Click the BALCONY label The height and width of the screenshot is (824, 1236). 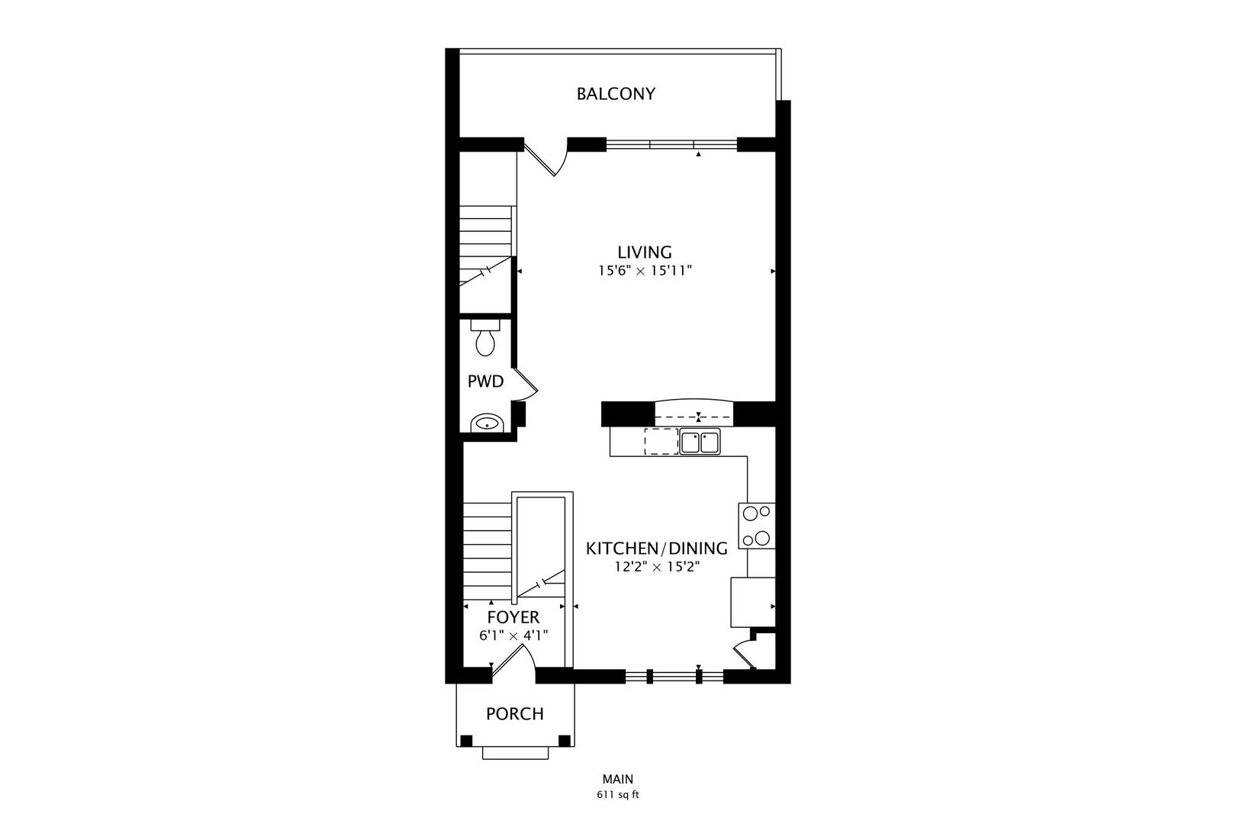(x=616, y=94)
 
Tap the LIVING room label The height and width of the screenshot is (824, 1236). (x=645, y=252)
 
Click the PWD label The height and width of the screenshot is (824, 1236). (x=485, y=381)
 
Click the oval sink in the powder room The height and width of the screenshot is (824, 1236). (x=484, y=423)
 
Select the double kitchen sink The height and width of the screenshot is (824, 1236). (x=700, y=443)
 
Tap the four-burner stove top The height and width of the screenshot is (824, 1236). (x=757, y=526)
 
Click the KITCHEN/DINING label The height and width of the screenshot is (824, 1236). (x=656, y=548)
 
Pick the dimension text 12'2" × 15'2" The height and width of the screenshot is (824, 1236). (x=656, y=567)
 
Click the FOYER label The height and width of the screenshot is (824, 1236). (x=513, y=617)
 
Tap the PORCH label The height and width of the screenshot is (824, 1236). (x=515, y=714)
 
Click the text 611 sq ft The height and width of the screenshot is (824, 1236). (x=617, y=794)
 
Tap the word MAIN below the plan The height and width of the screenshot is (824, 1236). (x=617, y=779)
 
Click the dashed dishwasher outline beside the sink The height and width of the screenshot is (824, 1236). (x=661, y=442)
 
